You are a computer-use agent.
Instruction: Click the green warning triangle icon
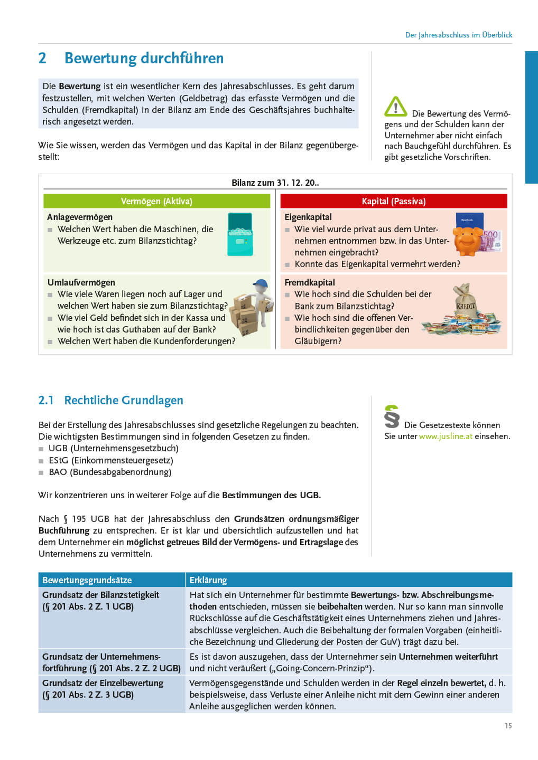coord(395,107)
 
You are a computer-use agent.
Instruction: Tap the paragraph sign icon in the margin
coord(392,416)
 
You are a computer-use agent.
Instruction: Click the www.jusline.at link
coord(446,436)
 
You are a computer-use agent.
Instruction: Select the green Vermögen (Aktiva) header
coord(156,201)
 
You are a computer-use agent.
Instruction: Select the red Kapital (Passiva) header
coord(394,201)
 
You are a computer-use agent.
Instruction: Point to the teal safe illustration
coord(240,235)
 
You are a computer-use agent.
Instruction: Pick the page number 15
coord(508,726)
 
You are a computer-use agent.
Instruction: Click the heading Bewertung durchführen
coord(144,58)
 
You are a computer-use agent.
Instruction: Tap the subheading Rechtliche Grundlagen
coord(124,401)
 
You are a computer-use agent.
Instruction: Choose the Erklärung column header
coord(208,580)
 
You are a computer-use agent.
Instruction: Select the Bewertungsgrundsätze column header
coord(87,580)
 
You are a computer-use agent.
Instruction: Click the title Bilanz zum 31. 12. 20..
coord(275,183)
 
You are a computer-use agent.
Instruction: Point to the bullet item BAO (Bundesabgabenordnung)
coord(110,472)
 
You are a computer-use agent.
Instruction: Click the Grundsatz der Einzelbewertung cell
coord(103,689)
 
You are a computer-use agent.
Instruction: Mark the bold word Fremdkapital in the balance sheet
coord(310,282)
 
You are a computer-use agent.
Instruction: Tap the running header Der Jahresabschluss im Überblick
coord(459,35)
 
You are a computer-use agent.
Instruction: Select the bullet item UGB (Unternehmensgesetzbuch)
coord(113,448)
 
